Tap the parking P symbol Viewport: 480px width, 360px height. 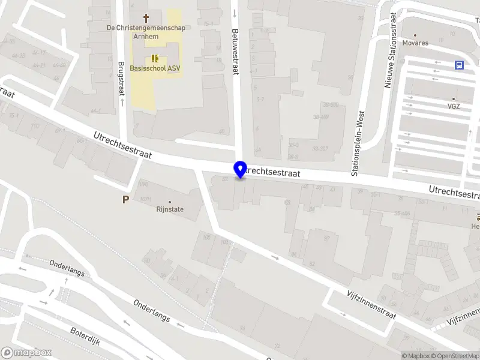(125, 200)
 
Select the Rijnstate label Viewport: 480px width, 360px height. (170, 209)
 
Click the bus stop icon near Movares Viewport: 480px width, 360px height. (460, 65)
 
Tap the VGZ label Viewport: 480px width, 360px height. (453, 106)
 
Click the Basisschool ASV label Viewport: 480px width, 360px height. (155, 68)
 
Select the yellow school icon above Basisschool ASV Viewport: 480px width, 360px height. (155, 58)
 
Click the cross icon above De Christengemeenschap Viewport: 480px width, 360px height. (146, 19)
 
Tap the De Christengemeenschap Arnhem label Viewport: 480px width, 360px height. (146, 31)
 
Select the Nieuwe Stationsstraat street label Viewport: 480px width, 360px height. (388, 49)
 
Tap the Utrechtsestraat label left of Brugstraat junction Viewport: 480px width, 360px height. (122, 146)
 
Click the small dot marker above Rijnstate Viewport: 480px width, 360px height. (170, 202)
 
